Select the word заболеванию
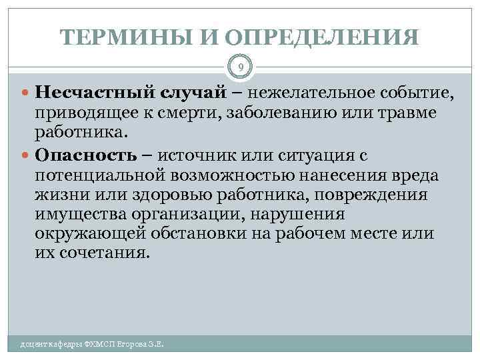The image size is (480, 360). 271,113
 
